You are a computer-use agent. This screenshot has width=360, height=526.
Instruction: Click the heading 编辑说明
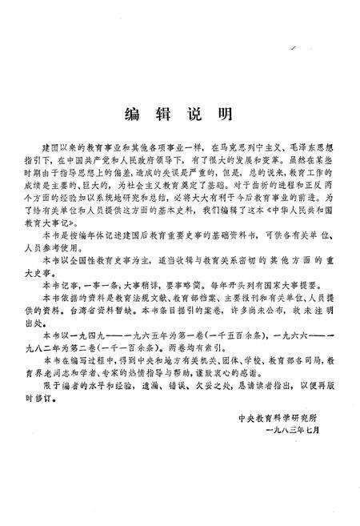point(180,114)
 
